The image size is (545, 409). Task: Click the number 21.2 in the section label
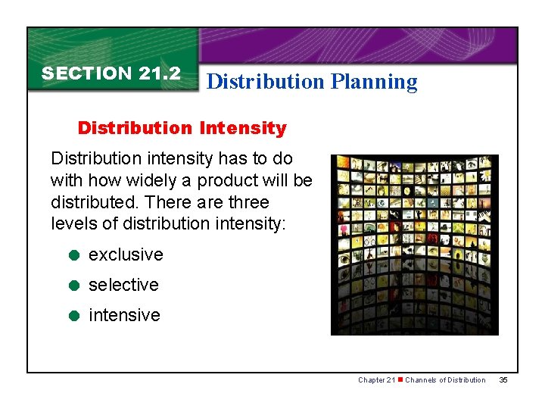click(x=159, y=73)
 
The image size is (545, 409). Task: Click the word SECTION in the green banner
click(x=87, y=73)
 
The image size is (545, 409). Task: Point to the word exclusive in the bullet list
click(x=126, y=254)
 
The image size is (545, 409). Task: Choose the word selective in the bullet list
click(x=123, y=285)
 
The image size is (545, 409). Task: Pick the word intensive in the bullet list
click(x=124, y=315)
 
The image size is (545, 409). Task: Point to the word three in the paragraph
click(x=248, y=202)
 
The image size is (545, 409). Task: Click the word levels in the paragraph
click(x=71, y=224)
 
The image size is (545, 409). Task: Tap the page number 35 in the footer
click(x=503, y=379)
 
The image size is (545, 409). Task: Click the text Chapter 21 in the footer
click(x=376, y=379)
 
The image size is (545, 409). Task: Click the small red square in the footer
click(x=400, y=379)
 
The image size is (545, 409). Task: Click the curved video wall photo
click(x=414, y=245)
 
